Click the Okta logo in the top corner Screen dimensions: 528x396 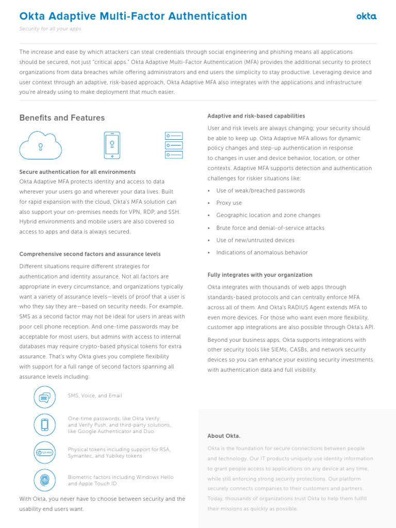coord(366,16)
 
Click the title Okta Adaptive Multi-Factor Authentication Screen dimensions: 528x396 coord(133,16)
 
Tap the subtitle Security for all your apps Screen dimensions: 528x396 coord(50,29)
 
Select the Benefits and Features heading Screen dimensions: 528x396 coord(62,118)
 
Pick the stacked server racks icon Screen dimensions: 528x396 coord(174,144)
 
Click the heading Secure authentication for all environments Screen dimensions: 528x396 coord(77,172)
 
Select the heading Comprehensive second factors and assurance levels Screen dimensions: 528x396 coord(90,254)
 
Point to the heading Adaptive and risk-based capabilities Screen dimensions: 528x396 coord(256,116)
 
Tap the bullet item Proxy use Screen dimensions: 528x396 coord(229,203)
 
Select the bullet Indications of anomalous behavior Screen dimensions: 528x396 coord(262,253)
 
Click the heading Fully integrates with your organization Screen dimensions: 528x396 coord(260,275)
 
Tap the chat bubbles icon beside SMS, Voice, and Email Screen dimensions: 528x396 coord(45,397)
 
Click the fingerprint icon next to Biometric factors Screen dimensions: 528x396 coord(45,480)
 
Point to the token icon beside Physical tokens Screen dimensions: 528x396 coord(45,452)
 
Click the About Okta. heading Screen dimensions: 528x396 coord(224,436)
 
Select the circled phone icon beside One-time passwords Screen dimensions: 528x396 coord(45,424)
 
